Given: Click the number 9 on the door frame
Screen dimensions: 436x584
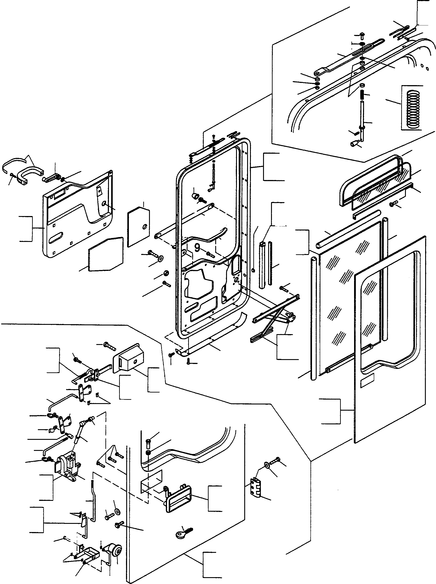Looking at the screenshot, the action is [197, 248].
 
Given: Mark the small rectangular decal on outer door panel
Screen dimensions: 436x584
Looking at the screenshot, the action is [367, 379].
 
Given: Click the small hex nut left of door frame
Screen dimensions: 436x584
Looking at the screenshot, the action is [166, 273].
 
